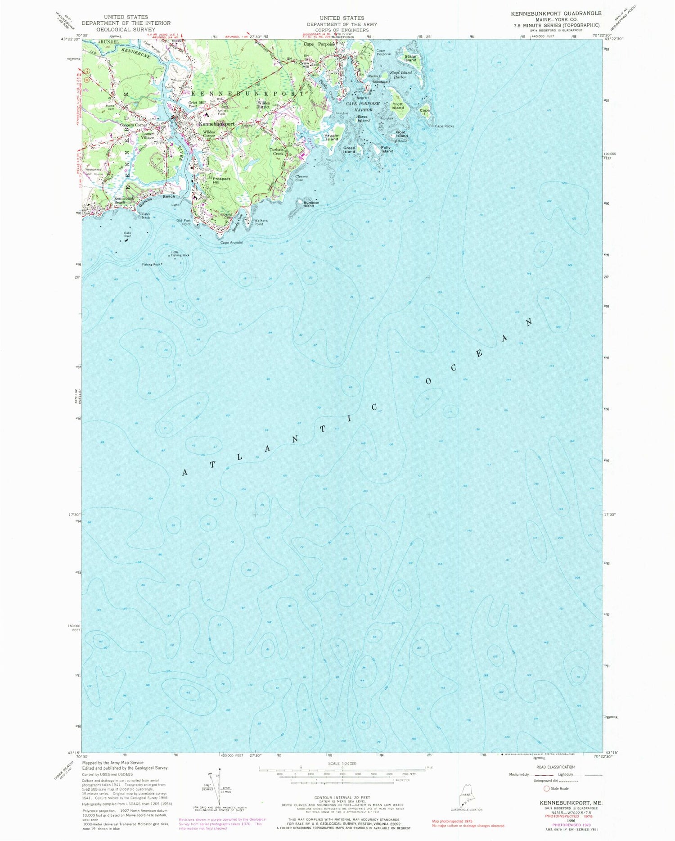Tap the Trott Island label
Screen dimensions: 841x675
398,106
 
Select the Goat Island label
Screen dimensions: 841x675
402,134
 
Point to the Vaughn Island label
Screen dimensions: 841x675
332,137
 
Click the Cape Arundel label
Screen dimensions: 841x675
232,242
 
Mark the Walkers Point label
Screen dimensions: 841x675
261,222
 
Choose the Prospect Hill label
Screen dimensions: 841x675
221,180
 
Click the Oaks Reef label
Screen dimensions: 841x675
128,234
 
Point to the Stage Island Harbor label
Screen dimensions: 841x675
400,74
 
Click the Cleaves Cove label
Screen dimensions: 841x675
301,178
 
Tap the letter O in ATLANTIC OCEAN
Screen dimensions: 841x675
428,381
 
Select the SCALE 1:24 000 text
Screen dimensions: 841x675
342,764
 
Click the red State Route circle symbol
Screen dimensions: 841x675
547,788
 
